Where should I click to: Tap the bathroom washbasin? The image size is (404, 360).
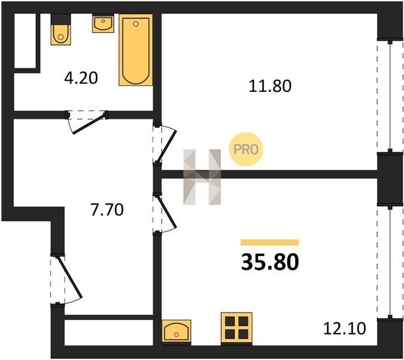[x=103, y=23]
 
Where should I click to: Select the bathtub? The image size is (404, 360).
[x=136, y=50]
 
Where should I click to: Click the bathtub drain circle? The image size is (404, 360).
[x=136, y=24]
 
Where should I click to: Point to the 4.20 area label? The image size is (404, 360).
[x=81, y=78]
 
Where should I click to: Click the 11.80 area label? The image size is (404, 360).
[x=270, y=86]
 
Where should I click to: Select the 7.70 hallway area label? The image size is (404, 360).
[x=107, y=209]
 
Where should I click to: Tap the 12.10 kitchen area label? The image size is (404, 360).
[x=345, y=329]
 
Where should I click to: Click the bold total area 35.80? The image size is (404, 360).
[x=270, y=262]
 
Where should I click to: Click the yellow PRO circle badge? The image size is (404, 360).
[x=246, y=149]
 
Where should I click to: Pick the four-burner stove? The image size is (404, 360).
[x=237, y=329]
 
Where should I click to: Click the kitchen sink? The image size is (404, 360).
[x=176, y=332]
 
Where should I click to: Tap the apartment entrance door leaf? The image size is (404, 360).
[x=69, y=277]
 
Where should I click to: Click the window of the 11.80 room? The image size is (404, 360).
[x=390, y=96]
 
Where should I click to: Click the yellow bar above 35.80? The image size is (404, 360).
[x=270, y=242]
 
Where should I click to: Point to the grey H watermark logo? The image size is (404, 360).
[x=202, y=177]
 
